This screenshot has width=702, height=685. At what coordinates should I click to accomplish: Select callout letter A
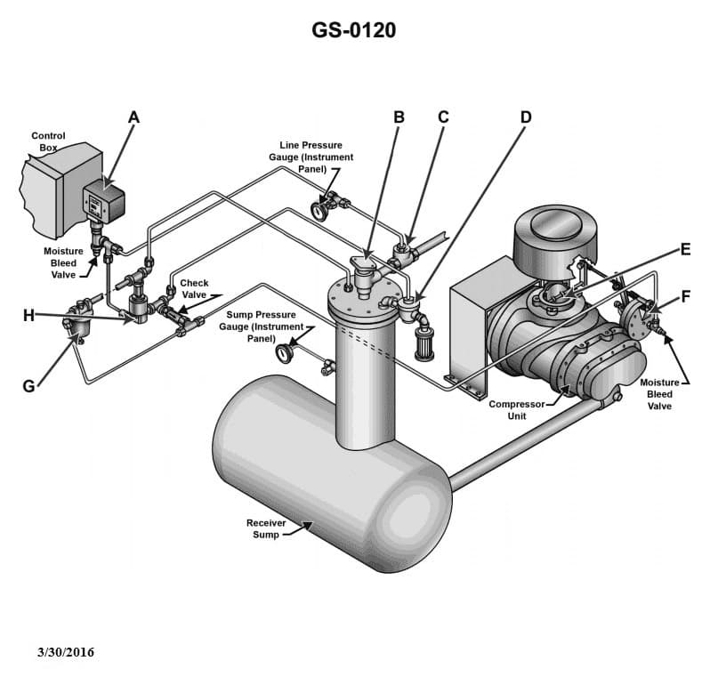pos(134,117)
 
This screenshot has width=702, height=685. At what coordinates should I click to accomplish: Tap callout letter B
pos(399,117)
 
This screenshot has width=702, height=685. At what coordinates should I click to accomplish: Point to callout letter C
pos(443,117)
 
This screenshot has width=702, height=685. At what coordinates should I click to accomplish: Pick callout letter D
pos(526,117)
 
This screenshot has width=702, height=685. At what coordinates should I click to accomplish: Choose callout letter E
pos(685,249)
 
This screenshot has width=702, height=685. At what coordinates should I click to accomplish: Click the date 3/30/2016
pos(65,652)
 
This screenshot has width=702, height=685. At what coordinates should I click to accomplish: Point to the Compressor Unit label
pos(516,410)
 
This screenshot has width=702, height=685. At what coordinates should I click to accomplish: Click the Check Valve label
pos(194,289)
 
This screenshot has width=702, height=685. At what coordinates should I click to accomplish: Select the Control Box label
pos(48,141)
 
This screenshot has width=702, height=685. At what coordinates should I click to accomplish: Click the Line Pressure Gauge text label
pos(311,157)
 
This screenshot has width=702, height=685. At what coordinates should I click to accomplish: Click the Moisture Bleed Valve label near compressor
pos(659,394)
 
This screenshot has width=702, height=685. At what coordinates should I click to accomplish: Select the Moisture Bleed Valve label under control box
pos(63,262)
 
